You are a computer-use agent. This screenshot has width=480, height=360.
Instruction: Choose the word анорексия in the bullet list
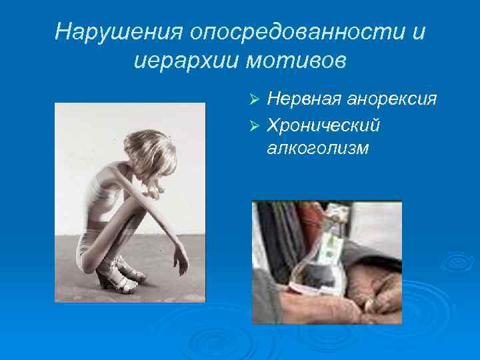[x=392, y=100]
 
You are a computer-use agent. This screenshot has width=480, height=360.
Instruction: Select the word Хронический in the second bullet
[x=323, y=124]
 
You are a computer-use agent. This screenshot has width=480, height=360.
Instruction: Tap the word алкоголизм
[x=317, y=147]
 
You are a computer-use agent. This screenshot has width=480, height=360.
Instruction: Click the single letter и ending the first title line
[x=417, y=31]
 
